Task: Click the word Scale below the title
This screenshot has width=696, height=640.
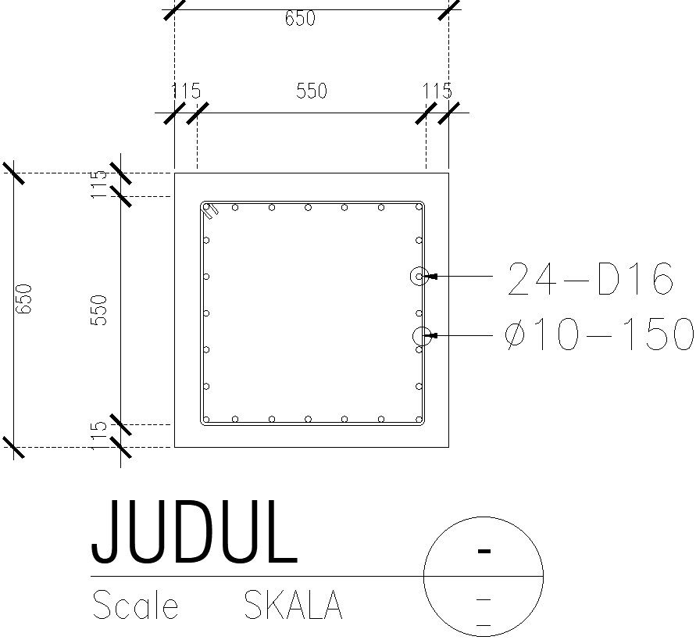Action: coord(135,606)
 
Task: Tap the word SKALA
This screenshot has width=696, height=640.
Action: coord(293,606)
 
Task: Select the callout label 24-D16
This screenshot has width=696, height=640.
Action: coord(590,280)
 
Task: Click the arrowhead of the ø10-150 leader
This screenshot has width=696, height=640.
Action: coord(432,336)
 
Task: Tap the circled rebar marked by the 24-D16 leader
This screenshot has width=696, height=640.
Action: coord(419,276)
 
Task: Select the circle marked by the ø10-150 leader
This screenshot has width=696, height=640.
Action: coord(421,336)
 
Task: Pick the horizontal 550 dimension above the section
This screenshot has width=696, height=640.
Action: coord(311,91)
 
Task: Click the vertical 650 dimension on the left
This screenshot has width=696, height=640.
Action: coord(24,299)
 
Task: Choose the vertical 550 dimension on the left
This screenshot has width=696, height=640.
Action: coord(99,310)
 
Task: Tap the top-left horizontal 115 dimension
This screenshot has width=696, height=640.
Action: coord(186,91)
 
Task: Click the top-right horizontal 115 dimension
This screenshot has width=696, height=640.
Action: coord(437,91)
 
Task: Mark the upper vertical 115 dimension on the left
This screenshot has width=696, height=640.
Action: coord(99,184)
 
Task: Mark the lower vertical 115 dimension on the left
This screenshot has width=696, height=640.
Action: coord(99,435)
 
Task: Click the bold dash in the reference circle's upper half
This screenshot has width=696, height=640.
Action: coord(484,551)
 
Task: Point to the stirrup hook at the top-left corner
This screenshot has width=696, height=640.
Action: coord(209,209)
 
